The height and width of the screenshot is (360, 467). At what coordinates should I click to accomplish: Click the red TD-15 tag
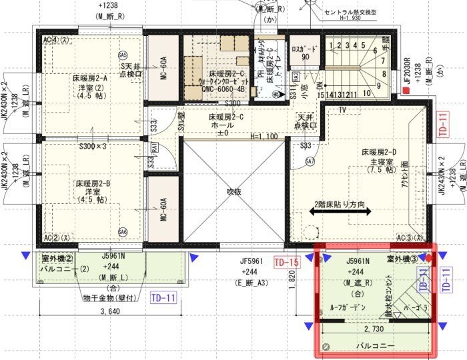point(286,263)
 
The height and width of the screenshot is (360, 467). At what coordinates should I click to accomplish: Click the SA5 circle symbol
point(122,55)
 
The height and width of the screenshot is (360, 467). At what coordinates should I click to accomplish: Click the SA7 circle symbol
point(310,161)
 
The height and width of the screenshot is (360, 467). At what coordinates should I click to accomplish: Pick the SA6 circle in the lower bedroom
point(122,232)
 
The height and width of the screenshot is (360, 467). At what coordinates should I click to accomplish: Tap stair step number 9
point(378,85)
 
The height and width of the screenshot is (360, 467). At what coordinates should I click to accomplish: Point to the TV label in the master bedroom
point(343,109)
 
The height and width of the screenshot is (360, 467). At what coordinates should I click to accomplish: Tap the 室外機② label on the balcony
point(57,259)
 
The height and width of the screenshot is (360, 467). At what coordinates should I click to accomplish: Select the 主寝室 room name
point(378,162)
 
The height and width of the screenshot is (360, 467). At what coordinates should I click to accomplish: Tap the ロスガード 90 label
point(305,53)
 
